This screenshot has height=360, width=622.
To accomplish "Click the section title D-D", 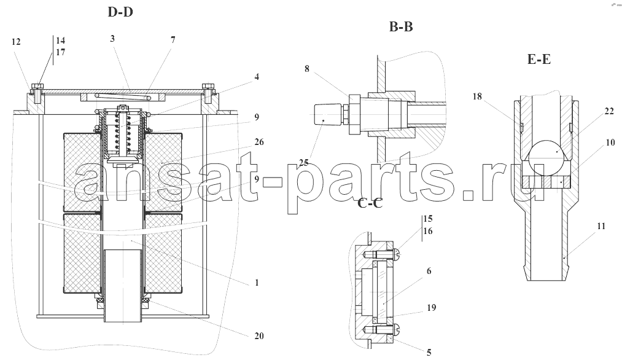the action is point(120,12).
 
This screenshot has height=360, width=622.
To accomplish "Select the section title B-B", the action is point(401,26).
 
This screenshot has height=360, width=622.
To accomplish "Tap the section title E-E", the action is point(538,59).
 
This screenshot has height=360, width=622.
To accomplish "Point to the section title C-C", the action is point(370,203).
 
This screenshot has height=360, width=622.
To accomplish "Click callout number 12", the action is point(16,42).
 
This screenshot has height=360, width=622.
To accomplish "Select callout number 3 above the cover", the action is point(112,38).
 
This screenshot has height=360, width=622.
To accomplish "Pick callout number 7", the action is point(173,39).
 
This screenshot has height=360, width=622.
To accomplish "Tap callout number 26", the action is point(259,142).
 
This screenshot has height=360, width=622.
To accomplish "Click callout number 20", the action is point(259,336).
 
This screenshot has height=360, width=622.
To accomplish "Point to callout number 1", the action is point(257,283).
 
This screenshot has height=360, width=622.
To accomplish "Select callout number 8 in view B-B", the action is point(306,69).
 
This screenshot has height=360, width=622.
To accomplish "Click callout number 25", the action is point(304,162).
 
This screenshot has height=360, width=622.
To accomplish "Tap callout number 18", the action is point(477,96).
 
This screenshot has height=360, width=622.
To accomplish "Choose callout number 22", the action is point(609,112).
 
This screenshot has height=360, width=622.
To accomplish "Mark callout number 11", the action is point(601,226).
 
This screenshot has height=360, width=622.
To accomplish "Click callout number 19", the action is point(431,307).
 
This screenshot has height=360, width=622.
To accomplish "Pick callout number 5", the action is point(429,352).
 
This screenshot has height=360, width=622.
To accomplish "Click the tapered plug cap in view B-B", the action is point(327,115).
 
